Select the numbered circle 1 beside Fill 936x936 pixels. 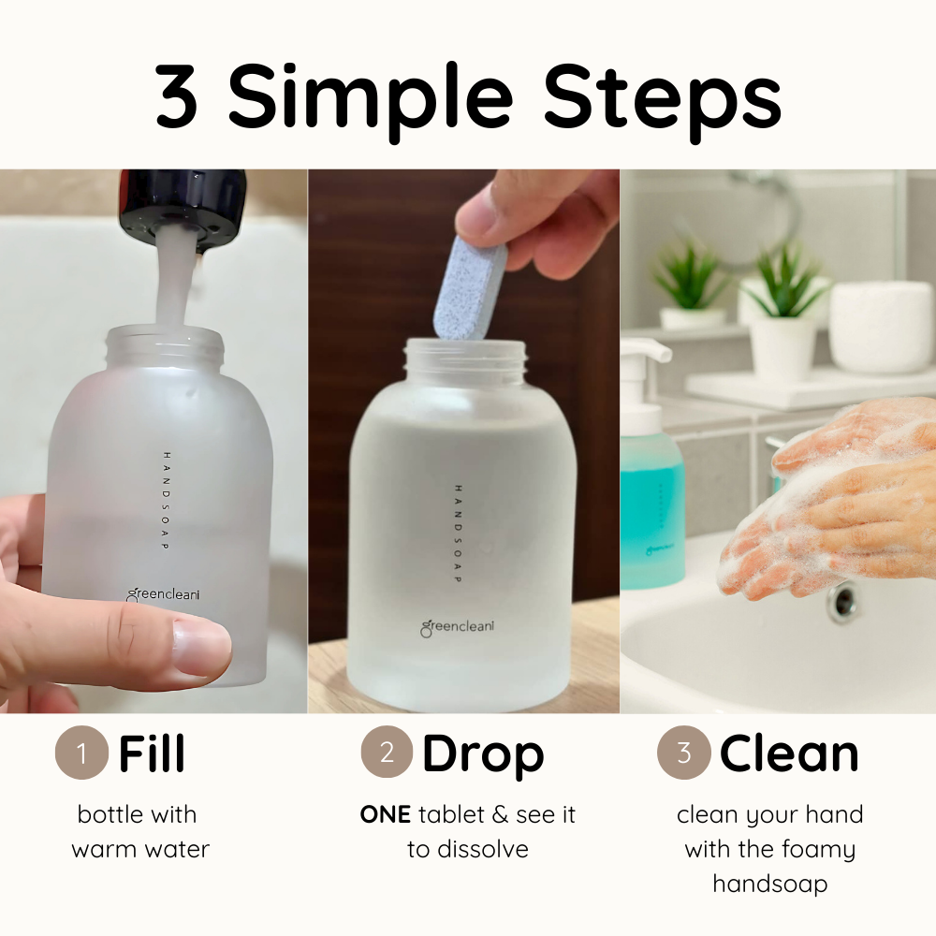point(81,753)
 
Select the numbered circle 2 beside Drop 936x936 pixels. point(387,753)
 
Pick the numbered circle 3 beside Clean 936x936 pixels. point(683,753)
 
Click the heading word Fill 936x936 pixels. point(152,753)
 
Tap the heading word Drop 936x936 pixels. point(483,753)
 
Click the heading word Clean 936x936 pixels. point(788,753)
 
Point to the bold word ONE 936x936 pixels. point(385,815)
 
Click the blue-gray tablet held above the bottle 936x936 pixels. point(471,286)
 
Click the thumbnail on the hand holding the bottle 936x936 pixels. point(201,648)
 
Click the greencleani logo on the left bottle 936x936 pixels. point(165,592)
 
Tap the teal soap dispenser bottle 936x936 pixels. point(651,505)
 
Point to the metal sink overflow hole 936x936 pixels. point(842,601)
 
